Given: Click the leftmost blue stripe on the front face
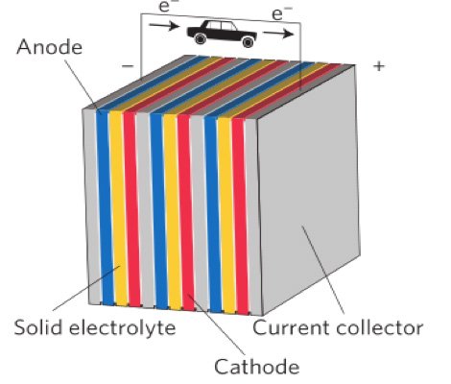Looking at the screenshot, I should coord(103,211).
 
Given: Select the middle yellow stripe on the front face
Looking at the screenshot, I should coord(172,211).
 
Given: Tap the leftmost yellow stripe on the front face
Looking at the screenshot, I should coord(117,211).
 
